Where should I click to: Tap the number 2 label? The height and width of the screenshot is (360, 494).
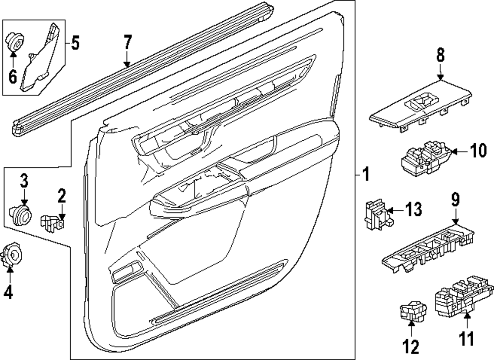(x=61, y=196)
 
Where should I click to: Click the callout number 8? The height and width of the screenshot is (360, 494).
(x=440, y=55)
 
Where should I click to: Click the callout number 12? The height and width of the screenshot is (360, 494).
(x=412, y=347)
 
